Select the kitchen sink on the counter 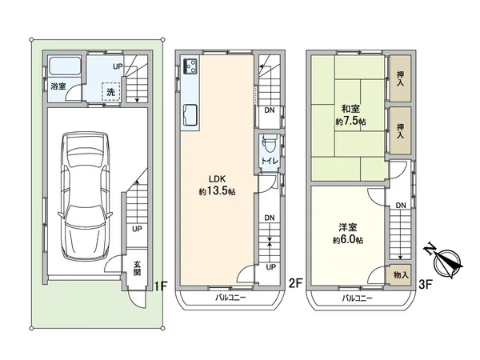click(193, 116)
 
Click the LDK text click(217, 179)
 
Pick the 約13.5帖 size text click(217, 192)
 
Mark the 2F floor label click(294, 282)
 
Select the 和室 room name click(350, 110)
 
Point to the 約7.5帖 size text click(350, 122)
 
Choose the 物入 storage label click(399, 274)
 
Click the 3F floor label click(425, 282)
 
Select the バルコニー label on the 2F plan click(229, 298)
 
